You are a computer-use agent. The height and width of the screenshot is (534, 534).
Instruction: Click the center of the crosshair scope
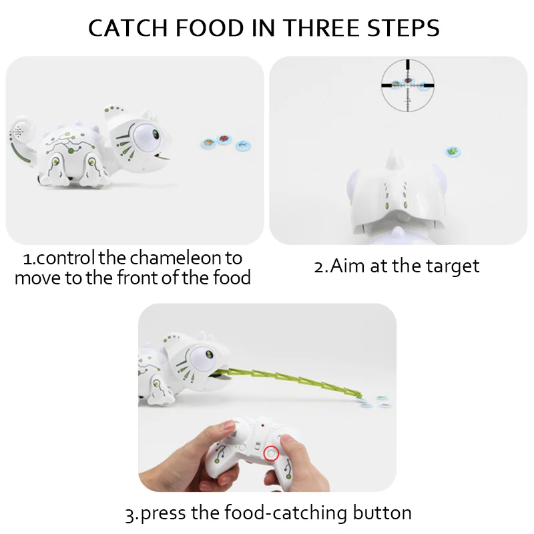407,84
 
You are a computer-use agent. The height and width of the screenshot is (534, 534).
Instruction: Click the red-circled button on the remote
270,453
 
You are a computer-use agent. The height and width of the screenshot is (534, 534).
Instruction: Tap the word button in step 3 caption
380,513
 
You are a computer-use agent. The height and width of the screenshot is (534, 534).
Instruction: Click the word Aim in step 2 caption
344,266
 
